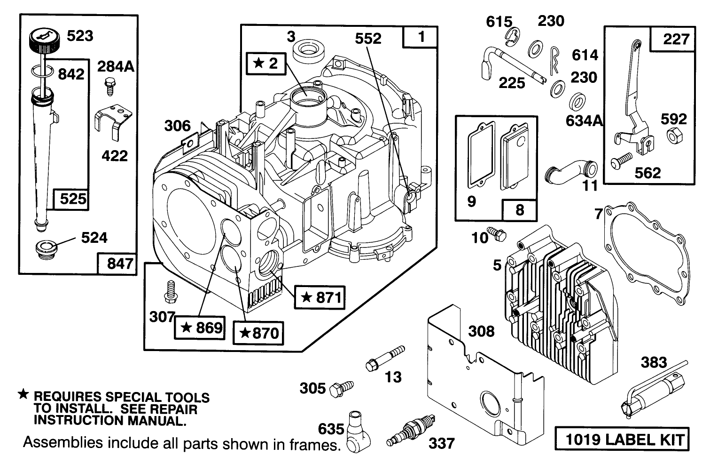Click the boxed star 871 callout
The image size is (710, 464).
point(320,297)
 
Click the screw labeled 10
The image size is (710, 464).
point(496,232)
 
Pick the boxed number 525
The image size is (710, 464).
point(73,199)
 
